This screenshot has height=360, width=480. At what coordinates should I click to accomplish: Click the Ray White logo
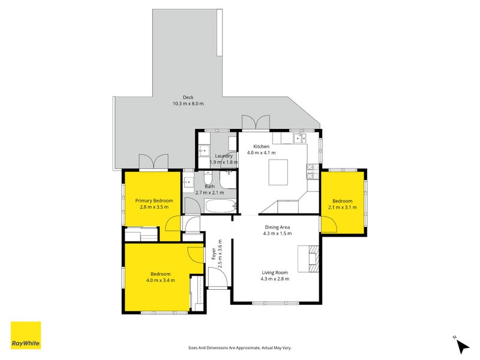(x=26, y=335)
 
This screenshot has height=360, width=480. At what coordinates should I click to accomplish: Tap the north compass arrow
(x=463, y=347)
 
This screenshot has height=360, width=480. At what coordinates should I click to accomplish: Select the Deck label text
(x=188, y=97)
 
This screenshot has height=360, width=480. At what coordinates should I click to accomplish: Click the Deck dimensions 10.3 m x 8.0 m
(x=188, y=103)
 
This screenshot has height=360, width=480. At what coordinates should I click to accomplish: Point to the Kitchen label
(x=261, y=146)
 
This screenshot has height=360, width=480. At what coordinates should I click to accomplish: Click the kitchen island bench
(x=278, y=172)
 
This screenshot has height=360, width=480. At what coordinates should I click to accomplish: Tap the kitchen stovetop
(x=313, y=172)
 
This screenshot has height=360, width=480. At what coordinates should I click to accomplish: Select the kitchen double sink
(x=299, y=139)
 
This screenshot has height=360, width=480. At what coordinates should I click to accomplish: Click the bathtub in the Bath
(x=221, y=206)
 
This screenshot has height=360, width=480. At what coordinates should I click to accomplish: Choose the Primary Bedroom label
(x=154, y=201)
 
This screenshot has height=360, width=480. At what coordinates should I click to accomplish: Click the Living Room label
(x=275, y=272)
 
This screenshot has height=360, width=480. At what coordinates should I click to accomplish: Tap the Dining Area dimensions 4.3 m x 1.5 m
(x=277, y=233)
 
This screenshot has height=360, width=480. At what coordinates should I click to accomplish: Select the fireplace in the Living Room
(x=308, y=259)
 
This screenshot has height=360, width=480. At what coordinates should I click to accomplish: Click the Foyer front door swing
(x=217, y=277)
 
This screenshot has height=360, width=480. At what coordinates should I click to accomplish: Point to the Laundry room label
(x=223, y=156)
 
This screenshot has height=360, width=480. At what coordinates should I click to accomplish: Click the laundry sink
(x=203, y=151)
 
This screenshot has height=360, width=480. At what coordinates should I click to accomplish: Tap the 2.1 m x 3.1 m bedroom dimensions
(x=342, y=207)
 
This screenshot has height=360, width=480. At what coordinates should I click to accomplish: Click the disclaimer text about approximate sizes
(x=239, y=348)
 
